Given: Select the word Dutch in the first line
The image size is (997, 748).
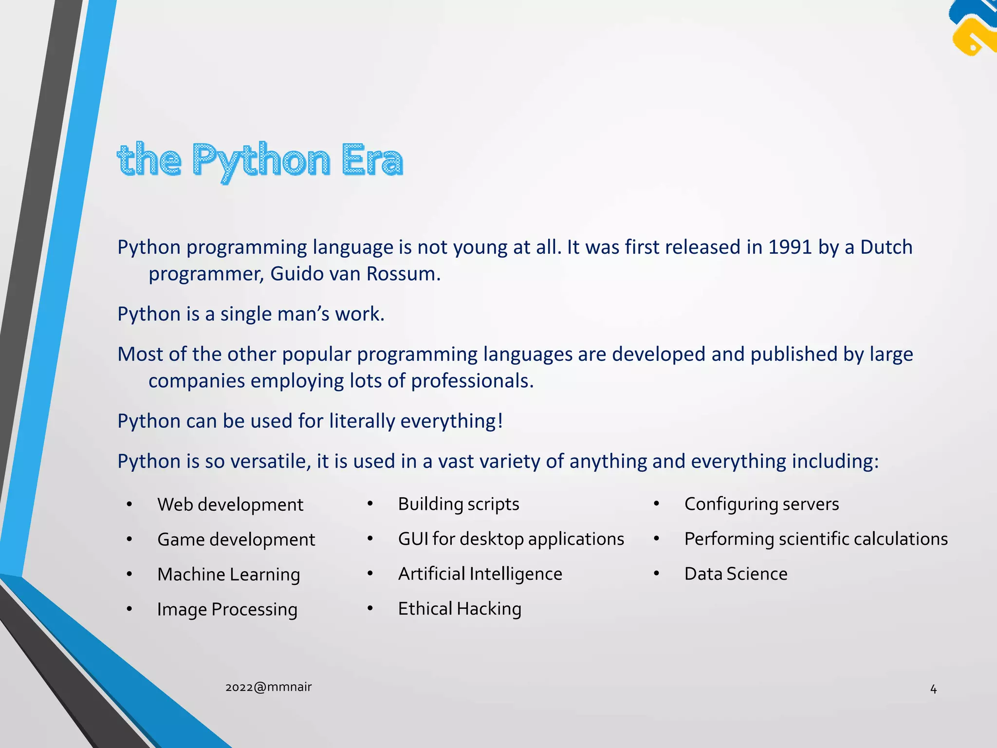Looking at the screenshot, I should [x=886, y=247].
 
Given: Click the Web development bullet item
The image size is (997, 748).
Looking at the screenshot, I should [x=230, y=505].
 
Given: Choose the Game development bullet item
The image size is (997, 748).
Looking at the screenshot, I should [x=236, y=540].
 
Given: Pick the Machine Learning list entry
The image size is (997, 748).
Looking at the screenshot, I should [x=228, y=575].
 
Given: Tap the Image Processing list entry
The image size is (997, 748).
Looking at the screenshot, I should [x=227, y=610].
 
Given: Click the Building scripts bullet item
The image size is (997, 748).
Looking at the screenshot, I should [x=458, y=504].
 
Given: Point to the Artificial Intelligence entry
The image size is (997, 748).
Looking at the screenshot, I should [x=480, y=574].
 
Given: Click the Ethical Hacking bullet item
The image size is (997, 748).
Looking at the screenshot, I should [x=460, y=609].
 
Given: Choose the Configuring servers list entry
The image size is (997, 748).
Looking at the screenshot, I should [x=761, y=504].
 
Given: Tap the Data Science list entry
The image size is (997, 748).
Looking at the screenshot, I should [x=736, y=574].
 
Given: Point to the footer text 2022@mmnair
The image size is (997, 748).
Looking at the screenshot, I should [x=268, y=687].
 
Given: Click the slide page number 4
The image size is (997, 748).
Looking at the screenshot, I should [x=933, y=689].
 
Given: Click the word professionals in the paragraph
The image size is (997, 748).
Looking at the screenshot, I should [x=472, y=381].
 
